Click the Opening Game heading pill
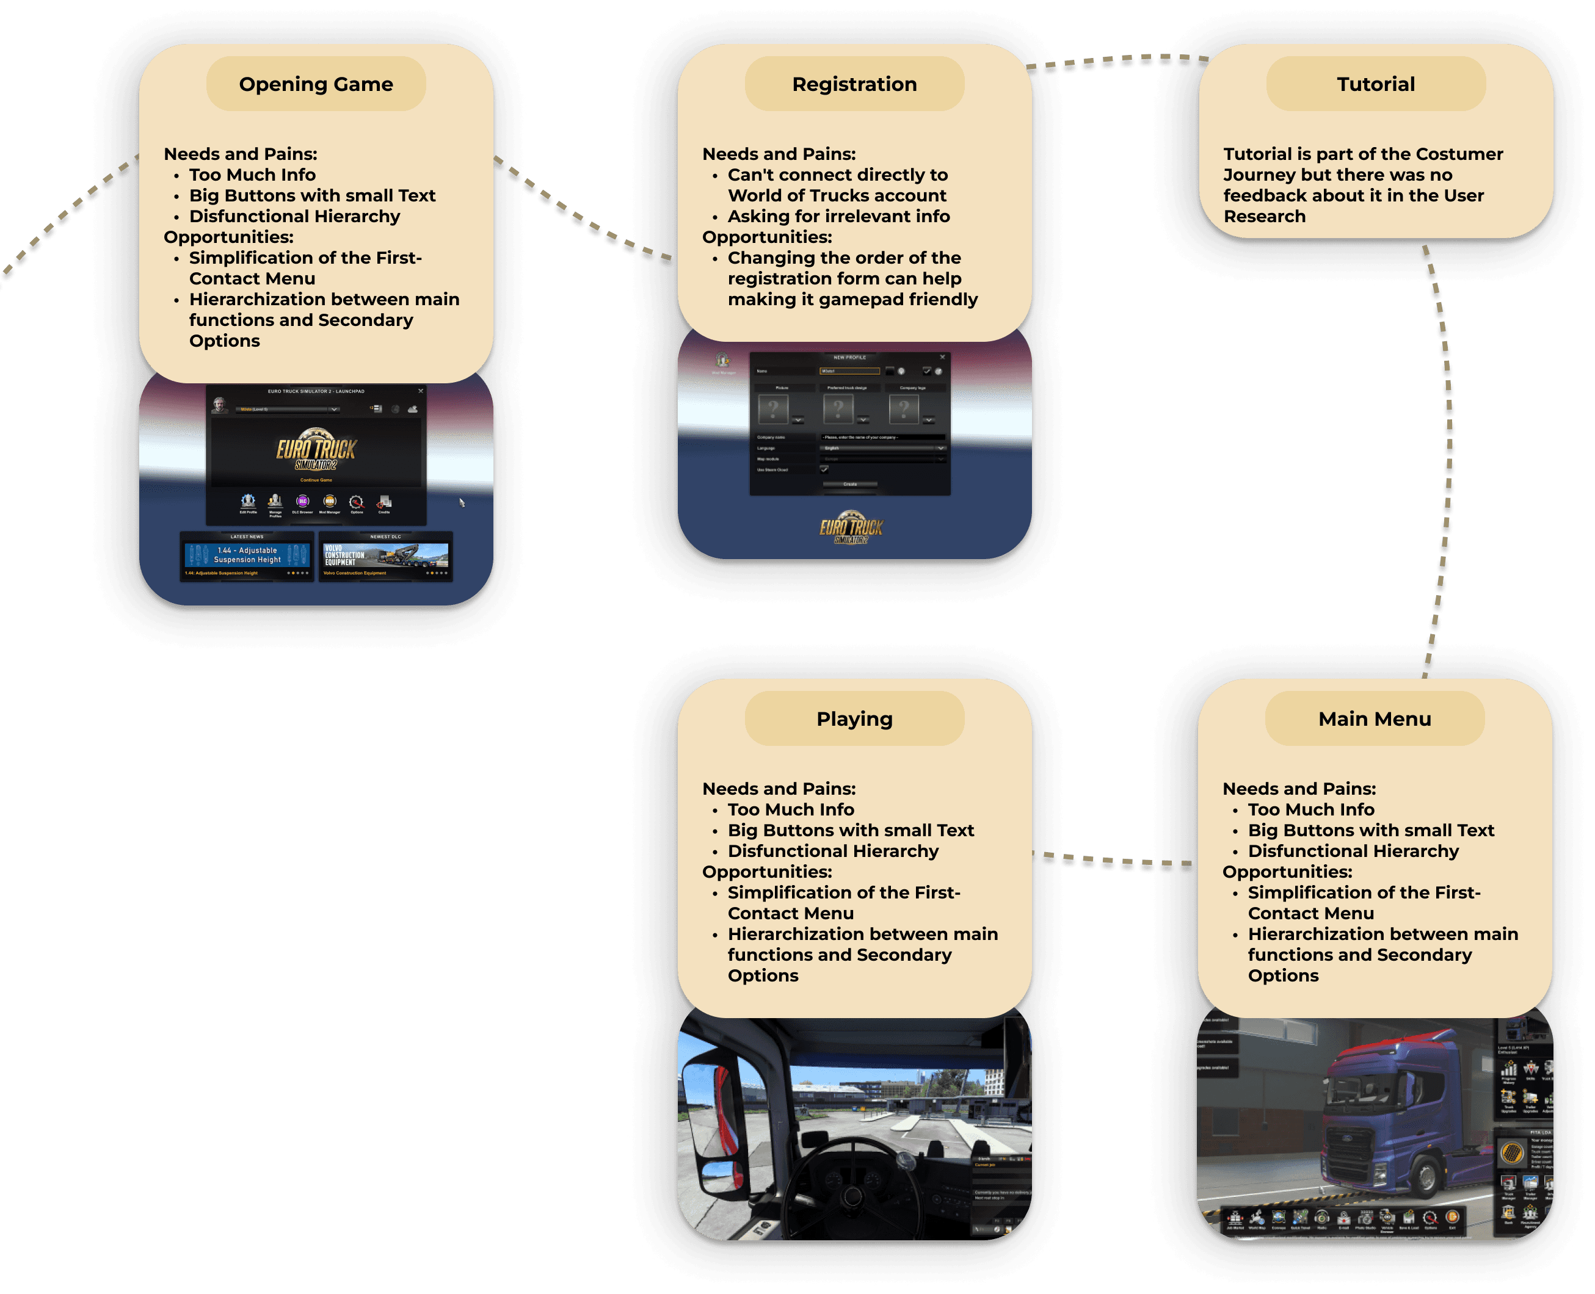316,84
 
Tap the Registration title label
854,84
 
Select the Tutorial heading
1375,84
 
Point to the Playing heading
854,718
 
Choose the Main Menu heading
1375,718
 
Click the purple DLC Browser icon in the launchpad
302,502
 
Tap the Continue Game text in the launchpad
316,480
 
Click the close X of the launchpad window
421,391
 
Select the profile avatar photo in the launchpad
219,405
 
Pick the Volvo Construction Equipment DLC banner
385,557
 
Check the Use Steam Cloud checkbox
824,469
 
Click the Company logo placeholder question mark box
904,408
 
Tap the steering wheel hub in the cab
852,1196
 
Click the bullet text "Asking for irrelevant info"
838,216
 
